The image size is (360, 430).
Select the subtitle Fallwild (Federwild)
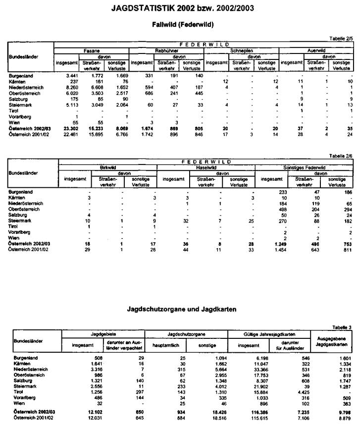[x=179, y=24]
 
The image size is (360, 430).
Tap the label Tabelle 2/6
[x=341, y=155]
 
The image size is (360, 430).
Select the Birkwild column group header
[x=107, y=168]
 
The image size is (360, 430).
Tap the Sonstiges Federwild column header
[x=304, y=168]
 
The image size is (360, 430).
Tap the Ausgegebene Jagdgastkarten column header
[x=330, y=340]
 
